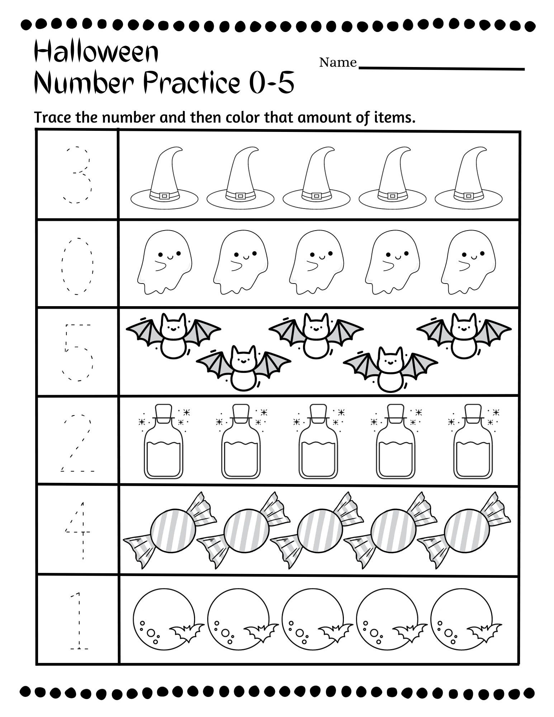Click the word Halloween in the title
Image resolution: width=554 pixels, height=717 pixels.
point(96,52)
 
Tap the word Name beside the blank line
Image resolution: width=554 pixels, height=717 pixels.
point(337,63)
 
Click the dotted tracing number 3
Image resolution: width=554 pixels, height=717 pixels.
point(78,175)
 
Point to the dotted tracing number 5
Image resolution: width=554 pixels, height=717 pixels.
point(78,352)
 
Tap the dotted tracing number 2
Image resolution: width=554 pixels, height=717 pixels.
point(78,443)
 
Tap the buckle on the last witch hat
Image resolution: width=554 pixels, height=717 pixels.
point(468,196)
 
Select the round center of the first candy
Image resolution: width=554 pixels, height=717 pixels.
point(173,530)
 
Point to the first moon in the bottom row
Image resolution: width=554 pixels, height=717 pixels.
point(164,619)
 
